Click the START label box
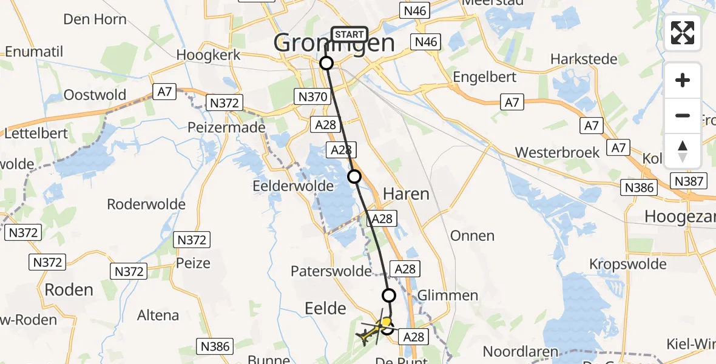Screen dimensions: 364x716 tap(349, 35)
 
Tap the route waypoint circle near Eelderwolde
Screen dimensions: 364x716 tap(354, 177)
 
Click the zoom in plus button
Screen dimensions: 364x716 tap(683, 80)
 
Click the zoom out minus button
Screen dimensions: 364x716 tap(683, 115)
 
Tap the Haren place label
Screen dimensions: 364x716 tap(407, 194)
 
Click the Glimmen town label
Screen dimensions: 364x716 tap(448, 295)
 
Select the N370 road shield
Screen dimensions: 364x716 tap(313, 96)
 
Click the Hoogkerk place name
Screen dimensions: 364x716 tap(209, 55)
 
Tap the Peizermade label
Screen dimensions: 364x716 tap(226, 127)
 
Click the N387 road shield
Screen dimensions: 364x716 tap(688, 180)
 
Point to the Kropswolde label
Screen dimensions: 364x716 tap(627, 264)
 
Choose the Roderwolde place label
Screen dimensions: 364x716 tap(146, 204)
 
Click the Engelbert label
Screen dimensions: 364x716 tap(485, 77)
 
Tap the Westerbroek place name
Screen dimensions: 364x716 tap(558, 152)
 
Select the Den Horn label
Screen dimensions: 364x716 tap(95, 19)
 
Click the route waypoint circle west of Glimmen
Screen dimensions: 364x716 tap(389, 295)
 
